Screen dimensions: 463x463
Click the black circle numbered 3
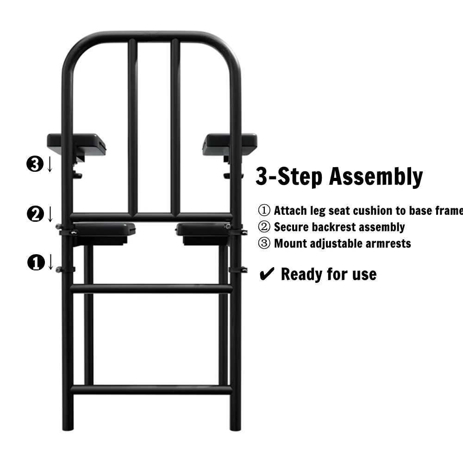(35, 164)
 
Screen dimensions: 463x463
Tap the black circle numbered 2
(36, 214)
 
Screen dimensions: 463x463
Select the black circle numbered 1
(36, 263)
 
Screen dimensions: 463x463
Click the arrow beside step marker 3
(50, 164)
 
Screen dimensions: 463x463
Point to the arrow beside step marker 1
(50, 262)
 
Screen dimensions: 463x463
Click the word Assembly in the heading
(376, 176)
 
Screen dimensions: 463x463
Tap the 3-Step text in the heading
(289, 176)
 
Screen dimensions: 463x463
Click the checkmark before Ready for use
(267, 274)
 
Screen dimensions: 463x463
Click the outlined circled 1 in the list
(264, 211)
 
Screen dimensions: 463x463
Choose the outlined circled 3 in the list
(264, 244)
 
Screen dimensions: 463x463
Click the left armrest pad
(76, 144)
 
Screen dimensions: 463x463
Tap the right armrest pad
(230, 144)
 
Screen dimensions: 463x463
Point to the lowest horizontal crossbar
(151, 389)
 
